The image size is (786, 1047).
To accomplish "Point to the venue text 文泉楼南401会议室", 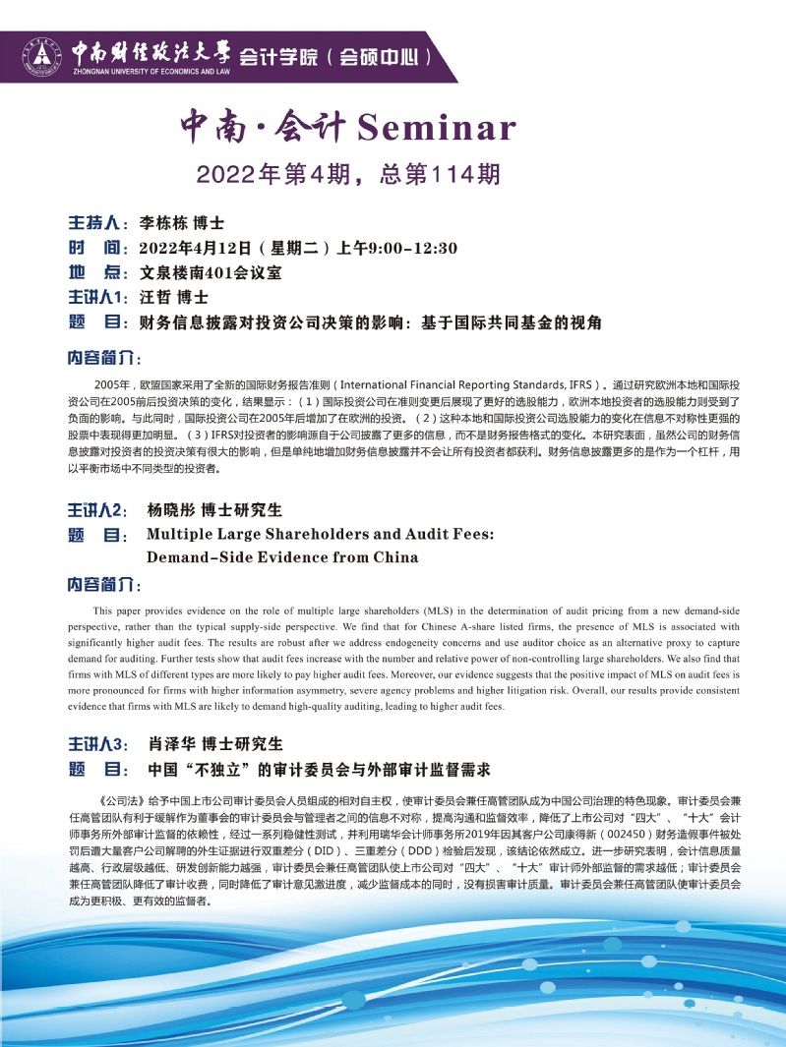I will coord(211,272).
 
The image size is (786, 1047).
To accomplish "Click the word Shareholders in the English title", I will coord(341,535).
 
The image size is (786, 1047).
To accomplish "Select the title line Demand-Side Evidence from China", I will coord(282,557).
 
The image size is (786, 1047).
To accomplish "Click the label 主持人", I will coord(96,221).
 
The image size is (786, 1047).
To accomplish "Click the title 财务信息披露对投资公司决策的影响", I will coord(276,321).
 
